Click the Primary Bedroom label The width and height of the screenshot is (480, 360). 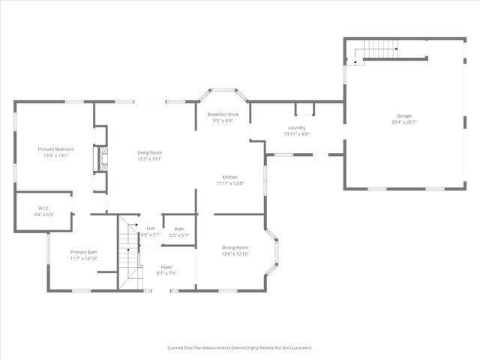tap(56, 149)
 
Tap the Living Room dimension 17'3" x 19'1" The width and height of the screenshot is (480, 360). tap(150, 159)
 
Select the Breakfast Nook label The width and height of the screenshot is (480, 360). tap(222, 114)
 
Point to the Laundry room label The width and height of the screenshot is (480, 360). tap(296, 127)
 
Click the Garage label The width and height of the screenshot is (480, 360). tap(404, 115)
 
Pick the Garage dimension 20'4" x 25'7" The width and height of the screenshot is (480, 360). tap(404, 121)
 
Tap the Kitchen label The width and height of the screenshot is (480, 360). tap(229, 177)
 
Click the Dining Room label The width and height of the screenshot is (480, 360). tap(235, 247)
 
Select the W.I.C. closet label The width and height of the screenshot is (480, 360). tap(43, 208)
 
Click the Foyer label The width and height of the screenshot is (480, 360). tap(166, 267)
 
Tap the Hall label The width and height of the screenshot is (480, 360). tap(150, 228)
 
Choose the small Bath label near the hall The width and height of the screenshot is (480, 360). tap(179, 229)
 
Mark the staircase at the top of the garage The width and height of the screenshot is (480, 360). tap(379, 50)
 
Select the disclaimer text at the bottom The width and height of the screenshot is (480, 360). tap(239, 347)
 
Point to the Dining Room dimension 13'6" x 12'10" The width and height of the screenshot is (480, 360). tap(235, 254)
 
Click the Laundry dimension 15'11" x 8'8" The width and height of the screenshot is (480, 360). tap(296, 133)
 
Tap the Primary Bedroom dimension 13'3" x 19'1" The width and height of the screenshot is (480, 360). tap(56, 156)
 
